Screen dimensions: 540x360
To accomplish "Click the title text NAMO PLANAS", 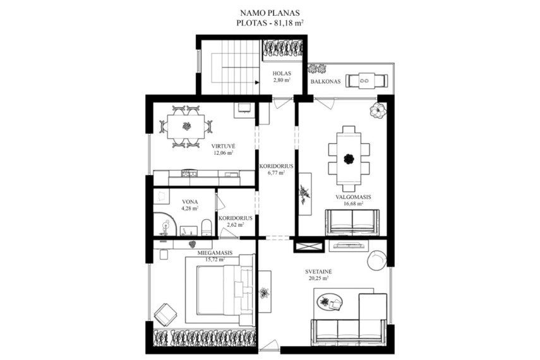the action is [270, 13].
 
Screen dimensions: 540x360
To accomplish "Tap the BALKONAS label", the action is [325, 81].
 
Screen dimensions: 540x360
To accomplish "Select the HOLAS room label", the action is [282, 73].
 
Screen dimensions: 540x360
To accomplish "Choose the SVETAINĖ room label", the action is [318, 272].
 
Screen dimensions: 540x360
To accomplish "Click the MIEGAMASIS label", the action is [215, 253].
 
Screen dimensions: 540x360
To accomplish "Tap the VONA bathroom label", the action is [189, 202].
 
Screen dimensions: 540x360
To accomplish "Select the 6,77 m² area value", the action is [276, 172].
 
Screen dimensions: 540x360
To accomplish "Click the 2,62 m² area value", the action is [235, 225].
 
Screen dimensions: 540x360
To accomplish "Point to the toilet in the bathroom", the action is [206, 227].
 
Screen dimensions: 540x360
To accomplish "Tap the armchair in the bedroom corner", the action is [165, 314].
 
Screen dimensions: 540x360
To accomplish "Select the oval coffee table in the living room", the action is [330, 302].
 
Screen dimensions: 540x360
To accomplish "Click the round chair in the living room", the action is [377, 261].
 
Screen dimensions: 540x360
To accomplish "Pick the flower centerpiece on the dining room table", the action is [349, 159].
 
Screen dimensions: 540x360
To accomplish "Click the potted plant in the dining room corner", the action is [378, 111].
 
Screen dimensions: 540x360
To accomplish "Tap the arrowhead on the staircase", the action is [257, 82].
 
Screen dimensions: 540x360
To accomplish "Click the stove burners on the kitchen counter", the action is [188, 174].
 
